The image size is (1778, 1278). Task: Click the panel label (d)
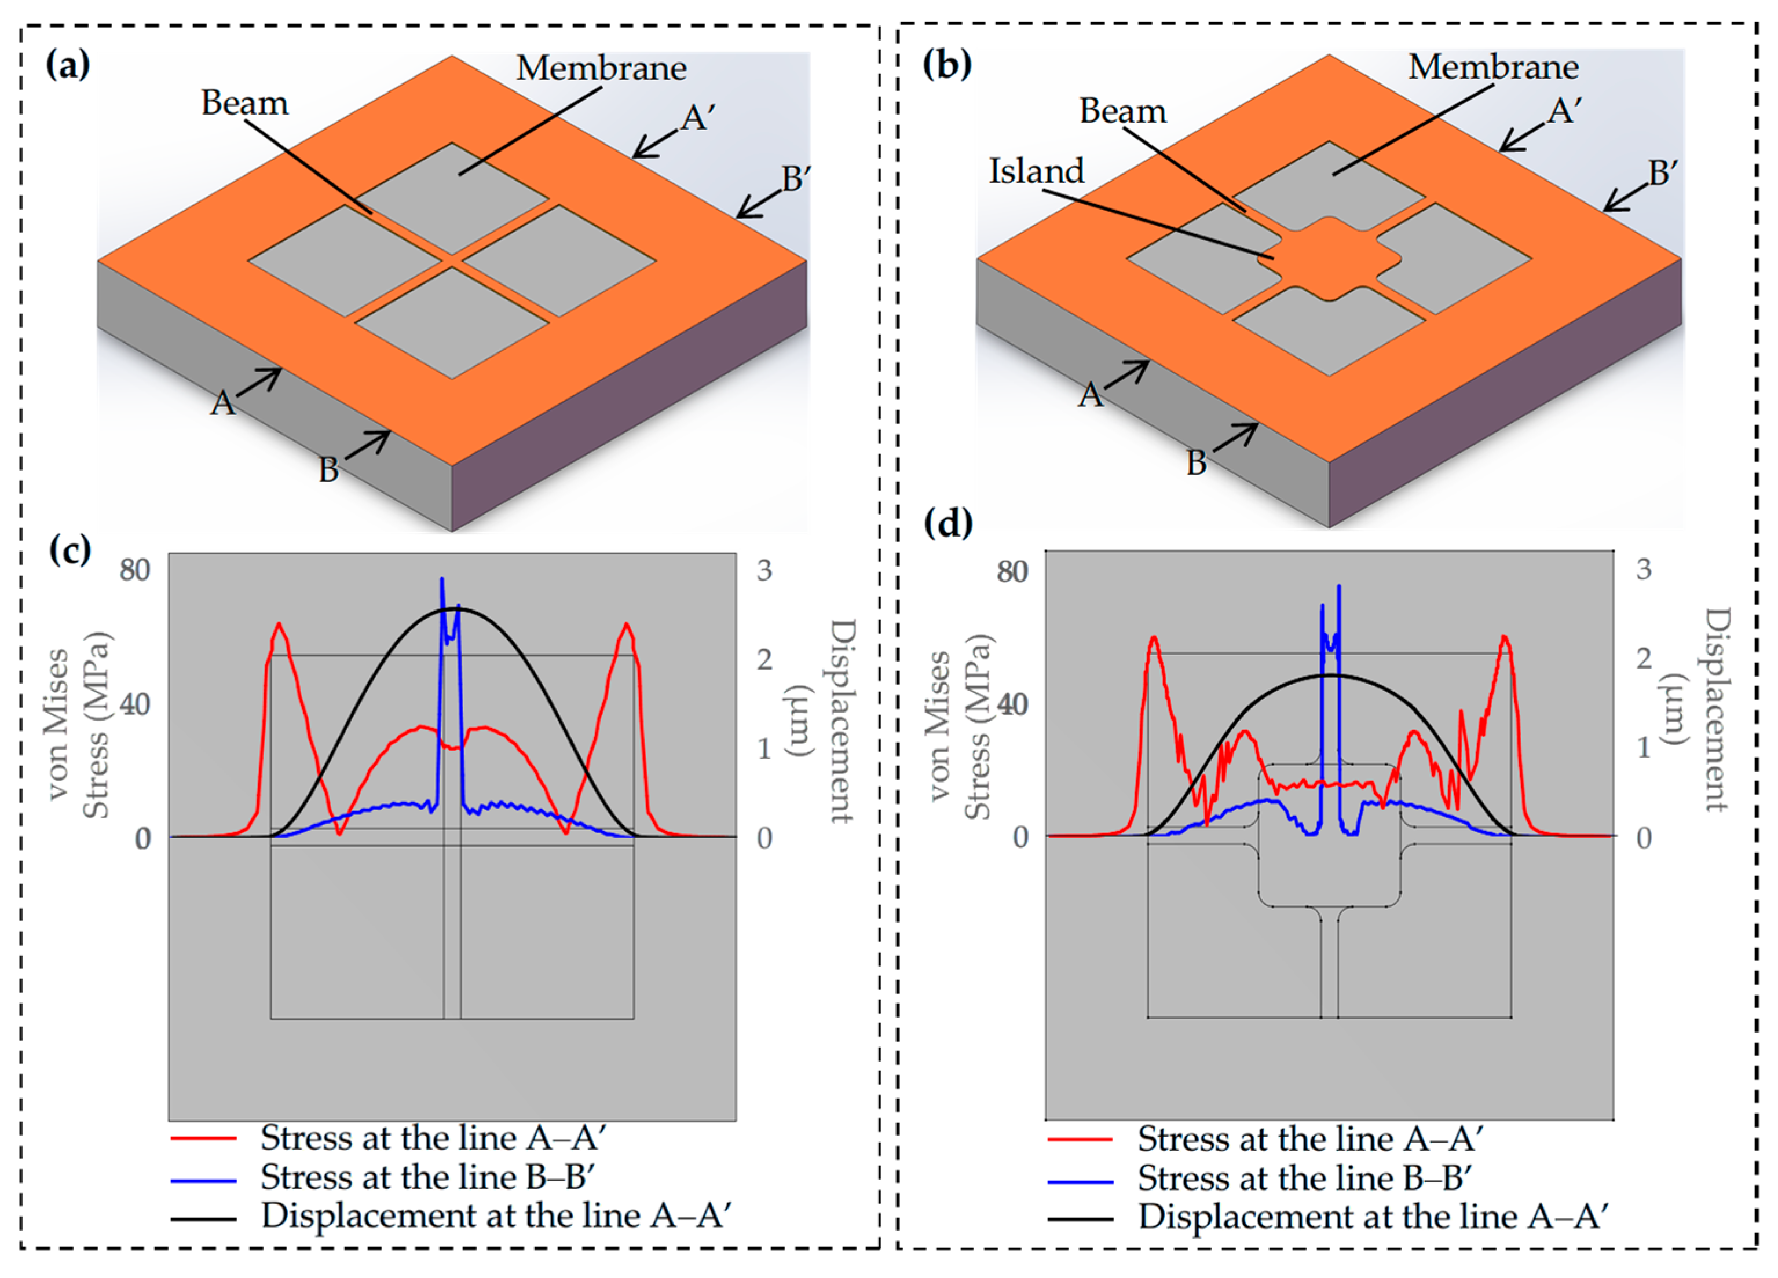(948, 523)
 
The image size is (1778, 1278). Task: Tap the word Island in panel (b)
(1036, 171)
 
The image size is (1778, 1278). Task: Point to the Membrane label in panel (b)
(1492, 67)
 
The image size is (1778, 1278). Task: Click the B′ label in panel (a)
(796, 179)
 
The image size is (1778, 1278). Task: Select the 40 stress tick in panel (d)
(1012, 704)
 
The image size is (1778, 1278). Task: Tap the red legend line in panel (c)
(203, 1139)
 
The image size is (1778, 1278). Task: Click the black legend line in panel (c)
(203, 1218)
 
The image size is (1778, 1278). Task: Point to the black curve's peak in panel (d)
(1329, 675)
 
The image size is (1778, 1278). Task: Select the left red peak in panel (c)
(279, 625)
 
